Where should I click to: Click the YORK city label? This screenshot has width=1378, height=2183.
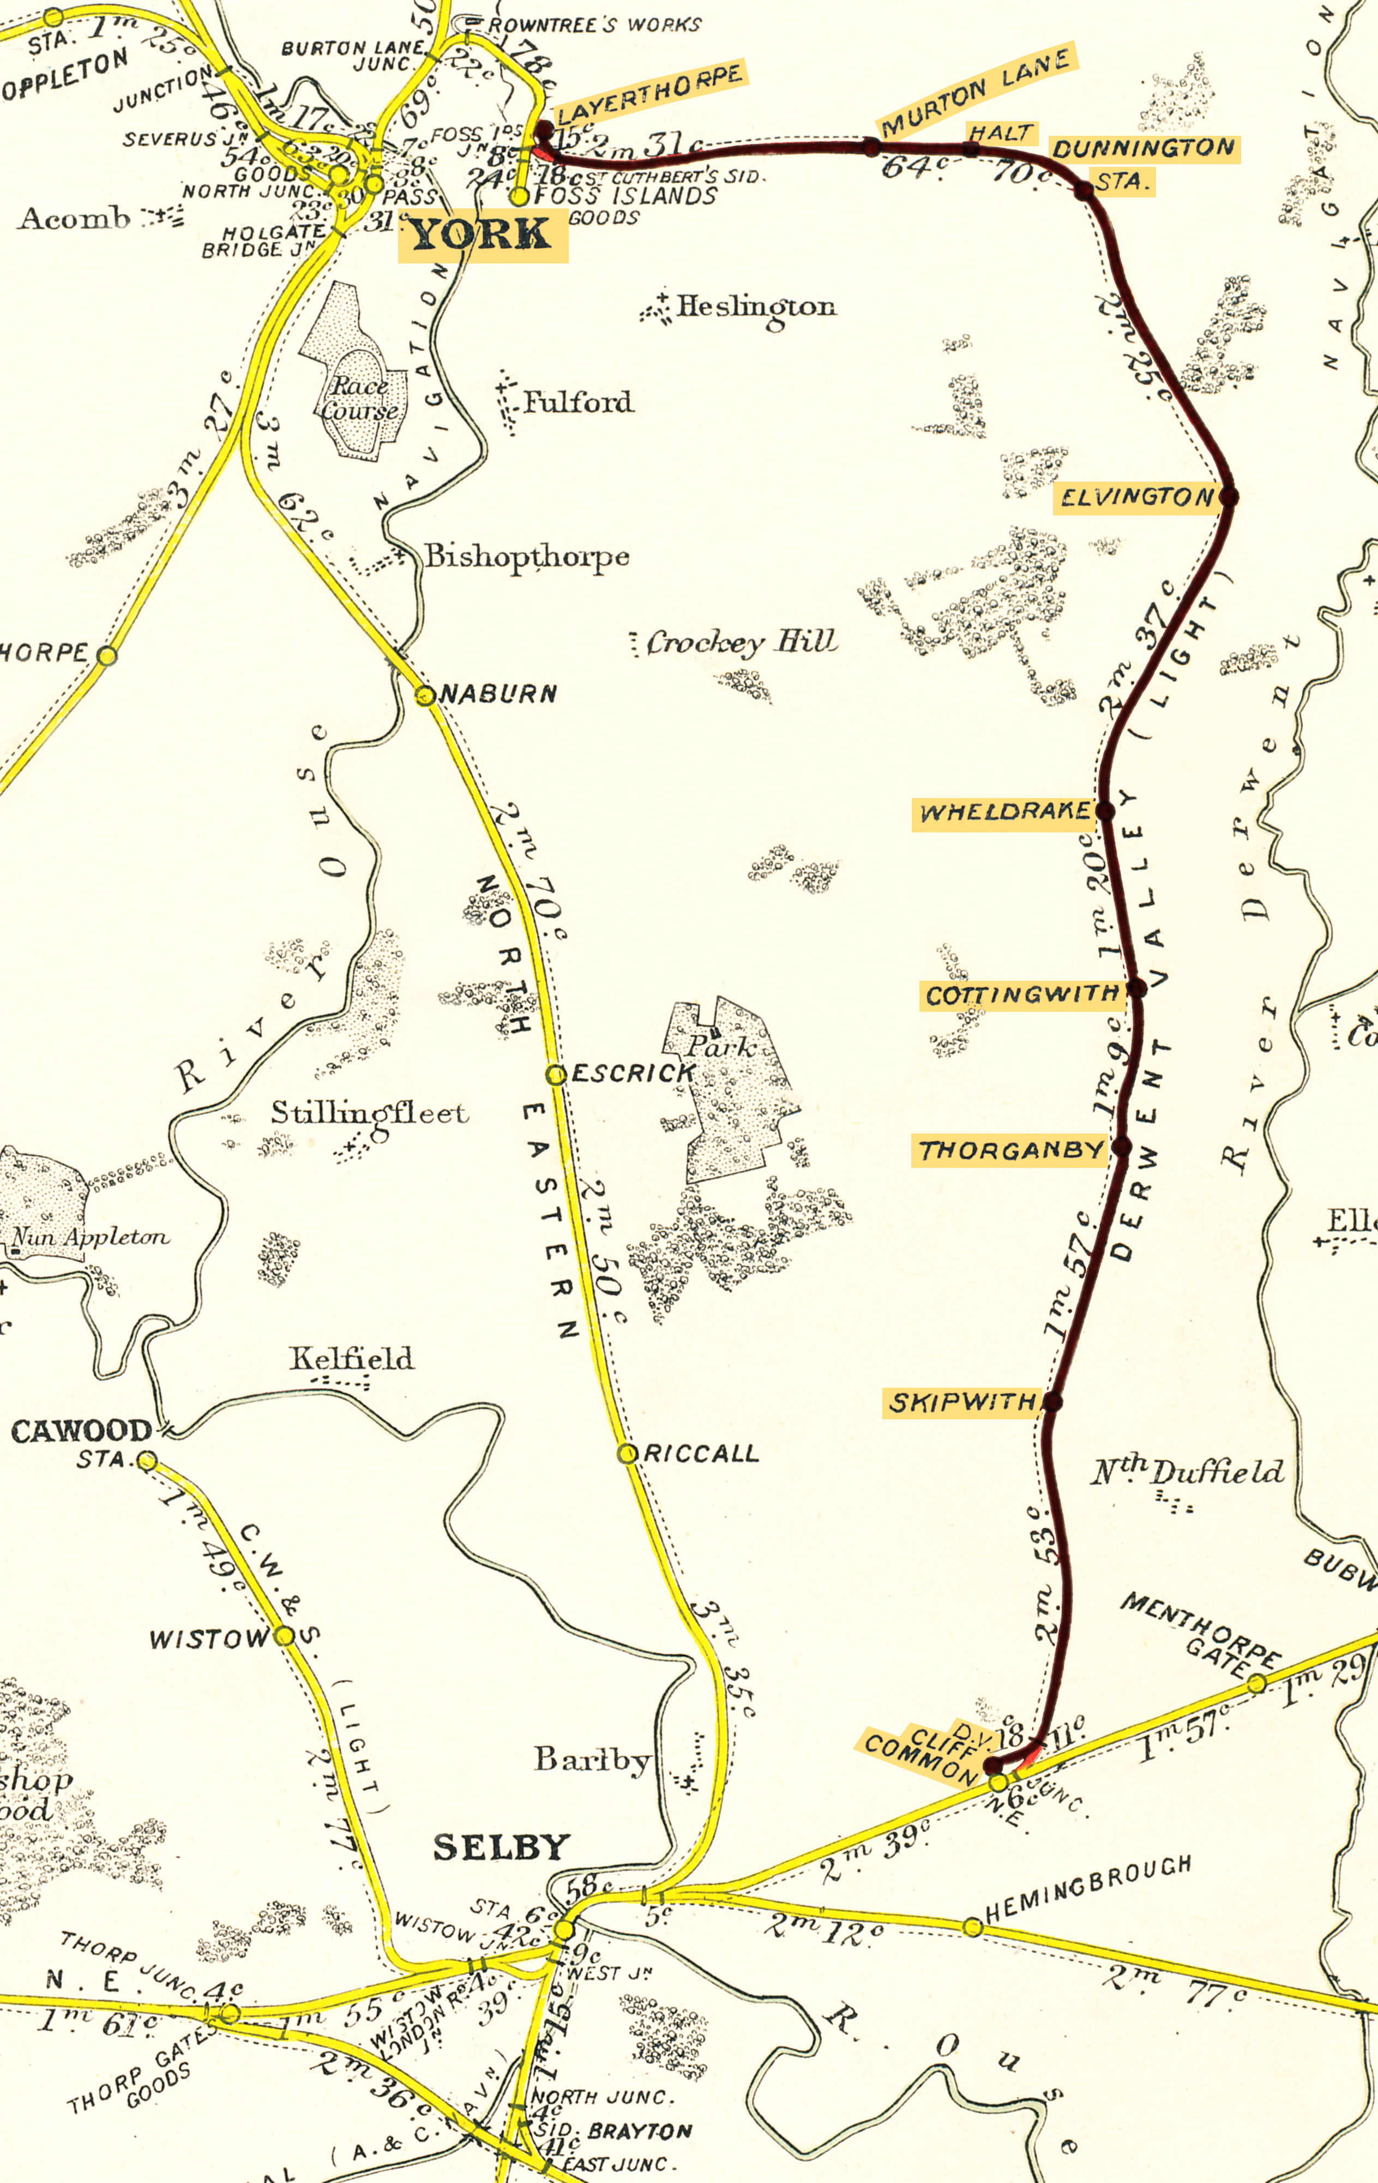click(x=482, y=236)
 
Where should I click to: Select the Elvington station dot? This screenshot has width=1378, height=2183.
click(x=1229, y=496)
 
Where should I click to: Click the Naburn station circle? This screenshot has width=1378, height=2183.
click(x=424, y=695)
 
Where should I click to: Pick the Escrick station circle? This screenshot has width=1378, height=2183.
click(x=555, y=1074)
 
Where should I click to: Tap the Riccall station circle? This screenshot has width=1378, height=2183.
click(x=627, y=1453)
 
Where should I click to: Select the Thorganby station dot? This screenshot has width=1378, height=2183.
click(x=1122, y=1147)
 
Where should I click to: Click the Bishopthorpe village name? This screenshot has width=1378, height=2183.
click(x=527, y=556)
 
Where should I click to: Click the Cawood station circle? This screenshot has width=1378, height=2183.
click(x=147, y=1460)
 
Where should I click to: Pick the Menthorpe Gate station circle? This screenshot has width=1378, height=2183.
click(x=1256, y=1684)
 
